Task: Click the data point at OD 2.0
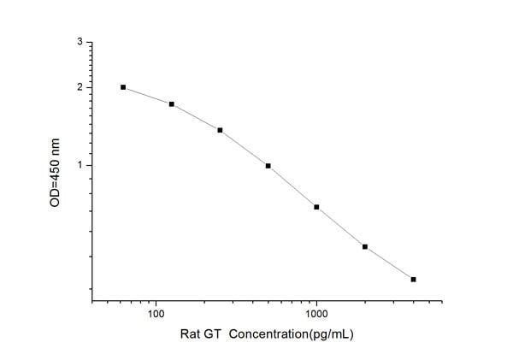(123, 87)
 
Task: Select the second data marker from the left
(172, 104)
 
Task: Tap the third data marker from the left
(220, 130)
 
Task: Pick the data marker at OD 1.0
(268, 166)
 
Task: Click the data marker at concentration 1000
(316, 207)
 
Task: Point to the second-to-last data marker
(365, 247)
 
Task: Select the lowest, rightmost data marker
(413, 280)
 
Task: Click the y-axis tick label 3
(80, 42)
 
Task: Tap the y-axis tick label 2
(80, 87)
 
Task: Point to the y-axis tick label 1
(80, 165)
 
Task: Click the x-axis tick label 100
(156, 314)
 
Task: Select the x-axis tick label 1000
(316, 314)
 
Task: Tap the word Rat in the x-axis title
(191, 334)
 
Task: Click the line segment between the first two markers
(147, 95)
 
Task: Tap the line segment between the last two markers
(389, 263)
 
